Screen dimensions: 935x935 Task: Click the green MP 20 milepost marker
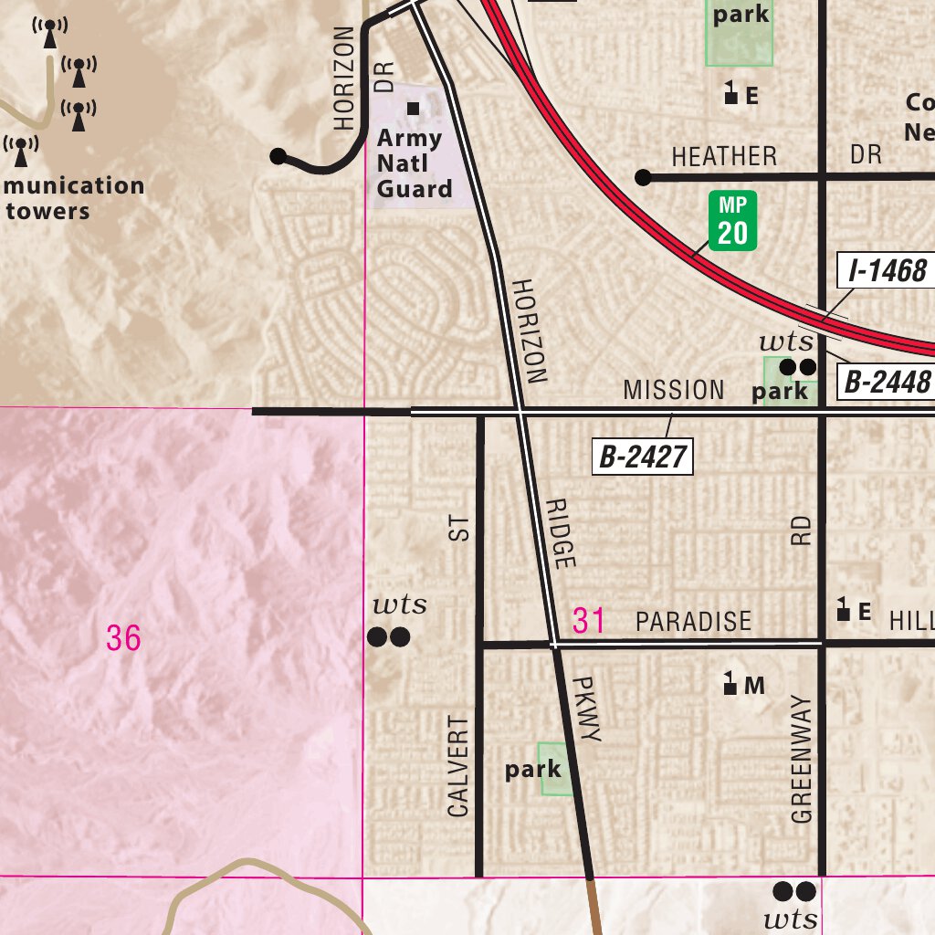(x=732, y=221)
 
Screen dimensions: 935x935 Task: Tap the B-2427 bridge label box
(x=643, y=457)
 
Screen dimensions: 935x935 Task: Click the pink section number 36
(x=123, y=638)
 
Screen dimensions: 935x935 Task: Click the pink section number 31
(x=589, y=621)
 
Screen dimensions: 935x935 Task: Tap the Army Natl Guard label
(x=415, y=163)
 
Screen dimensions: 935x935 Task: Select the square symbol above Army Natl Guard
(x=414, y=109)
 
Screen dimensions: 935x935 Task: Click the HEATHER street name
(x=724, y=156)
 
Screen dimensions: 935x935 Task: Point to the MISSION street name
(x=674, y=391)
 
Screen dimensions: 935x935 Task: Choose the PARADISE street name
(x=694, y=622)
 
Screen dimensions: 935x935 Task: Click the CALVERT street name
(x=458, y=765)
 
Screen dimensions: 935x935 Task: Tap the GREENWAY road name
(x=802, y=759)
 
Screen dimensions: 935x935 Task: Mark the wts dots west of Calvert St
(x=388, y=636)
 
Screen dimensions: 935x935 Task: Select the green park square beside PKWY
(x=556, y=768)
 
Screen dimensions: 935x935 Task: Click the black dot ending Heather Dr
(x=643, y=177)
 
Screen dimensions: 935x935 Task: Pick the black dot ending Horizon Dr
(x=278, y=156)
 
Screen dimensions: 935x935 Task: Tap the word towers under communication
(x=47, y=212)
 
